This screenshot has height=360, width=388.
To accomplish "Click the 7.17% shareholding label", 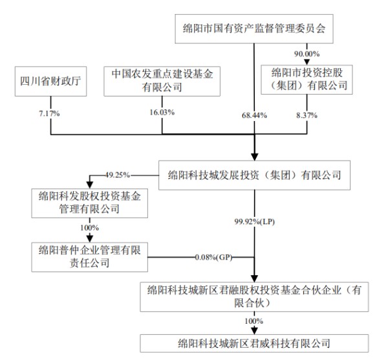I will (49, 113).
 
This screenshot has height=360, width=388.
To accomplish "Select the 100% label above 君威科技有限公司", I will (254, 321).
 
